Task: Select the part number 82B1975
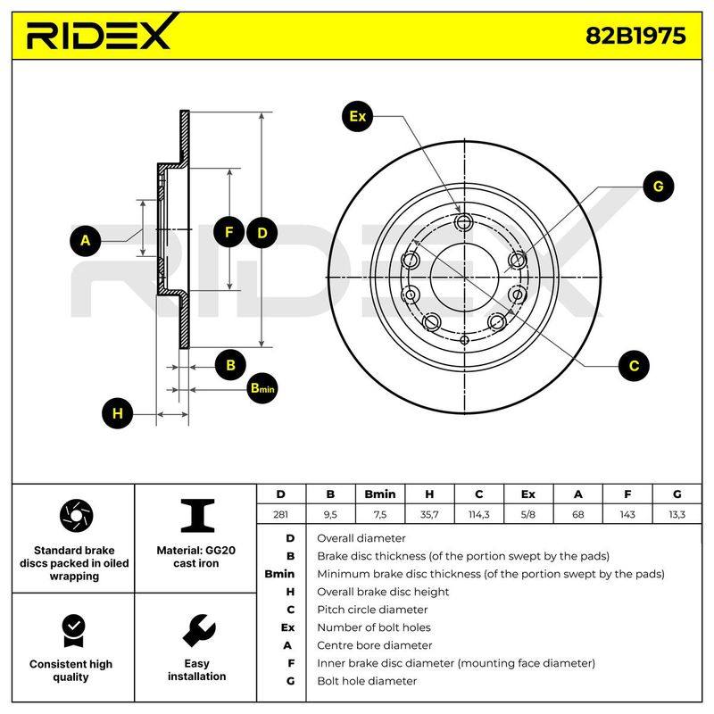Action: tap(635, 36)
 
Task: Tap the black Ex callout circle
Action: tap(358, 117)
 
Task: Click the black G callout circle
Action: tap(659, 187)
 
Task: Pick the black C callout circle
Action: tap(634, 366)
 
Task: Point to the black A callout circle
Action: tap(85, 240)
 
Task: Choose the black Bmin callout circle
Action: tap(262, 388)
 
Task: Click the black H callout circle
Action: tap(118, 413)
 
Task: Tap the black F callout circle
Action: tap(228, 232)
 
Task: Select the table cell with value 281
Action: tap(280, 515)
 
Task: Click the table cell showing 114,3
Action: tap(479, 515)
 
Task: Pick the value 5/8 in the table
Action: tap(528, 515)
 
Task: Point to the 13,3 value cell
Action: tap(677, 515)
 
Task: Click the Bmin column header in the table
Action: tap(380, 494)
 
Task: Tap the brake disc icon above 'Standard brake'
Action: tap(76, 516)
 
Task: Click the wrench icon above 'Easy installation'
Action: tap(199, 630)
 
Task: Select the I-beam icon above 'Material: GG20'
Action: tap(197, 516)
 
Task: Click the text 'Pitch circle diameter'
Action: tap(372, 610)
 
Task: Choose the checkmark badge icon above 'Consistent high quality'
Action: tap(74, 631)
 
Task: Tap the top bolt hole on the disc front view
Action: tap(463, 222)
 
